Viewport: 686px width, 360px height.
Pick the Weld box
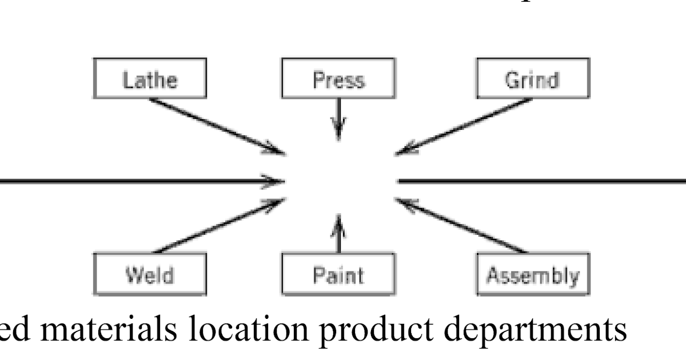point(150,275)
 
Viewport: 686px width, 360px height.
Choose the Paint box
point(338,275)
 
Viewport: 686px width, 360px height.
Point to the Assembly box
point(532,275)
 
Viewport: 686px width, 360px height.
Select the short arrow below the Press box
point(338,118)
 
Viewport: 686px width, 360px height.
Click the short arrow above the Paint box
point(338,234)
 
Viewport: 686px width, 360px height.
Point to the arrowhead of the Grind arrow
point(403,151)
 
